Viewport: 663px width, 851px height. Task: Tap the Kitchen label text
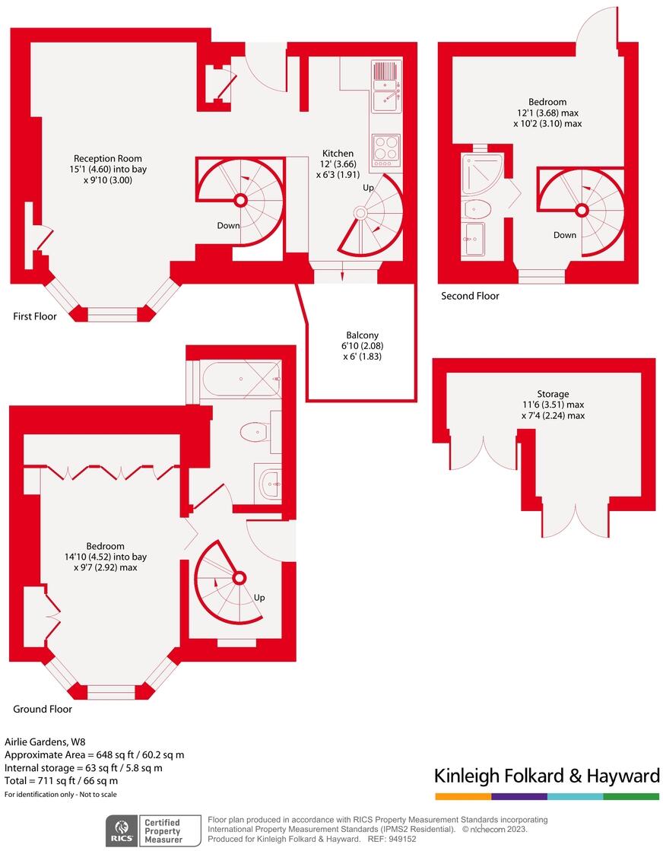338,153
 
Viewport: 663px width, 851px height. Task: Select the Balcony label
362,335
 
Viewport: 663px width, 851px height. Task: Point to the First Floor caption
35,316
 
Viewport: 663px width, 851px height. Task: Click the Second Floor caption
470,296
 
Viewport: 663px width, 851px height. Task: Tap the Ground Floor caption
43,709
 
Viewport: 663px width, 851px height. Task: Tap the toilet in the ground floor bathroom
255,433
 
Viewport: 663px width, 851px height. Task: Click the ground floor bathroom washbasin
268,481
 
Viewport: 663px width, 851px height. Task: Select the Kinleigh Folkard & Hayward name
546,776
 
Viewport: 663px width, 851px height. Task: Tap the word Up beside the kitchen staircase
369,187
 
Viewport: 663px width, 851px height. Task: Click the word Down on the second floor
565,235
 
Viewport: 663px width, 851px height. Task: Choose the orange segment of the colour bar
463,796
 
